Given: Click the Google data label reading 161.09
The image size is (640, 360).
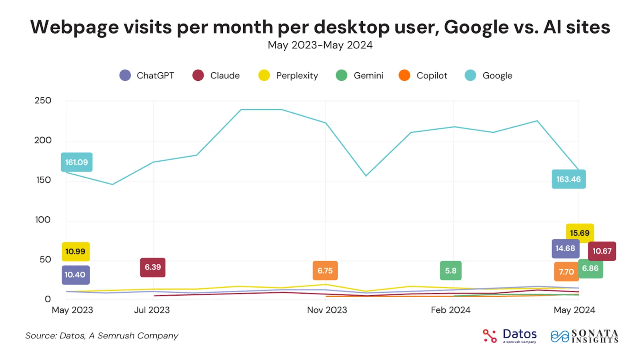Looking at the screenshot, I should pyautogui.click(x=76, y=162).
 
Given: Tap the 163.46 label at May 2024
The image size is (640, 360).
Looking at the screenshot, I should pyautogui.click(x=568, y=179).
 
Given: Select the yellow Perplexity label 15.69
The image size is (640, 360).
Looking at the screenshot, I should pyautogui.click(x=580, y=233).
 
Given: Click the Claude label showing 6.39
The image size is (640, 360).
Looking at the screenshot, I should pyautogui.click(x=152, y=267).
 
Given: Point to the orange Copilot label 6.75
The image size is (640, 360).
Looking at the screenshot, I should pyautogui.click(x=325, y=271).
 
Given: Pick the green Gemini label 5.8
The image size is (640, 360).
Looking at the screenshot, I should pyautogui.click(x=450, y=271).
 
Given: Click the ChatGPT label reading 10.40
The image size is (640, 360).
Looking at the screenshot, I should pyautogui.click(x=75, y=275).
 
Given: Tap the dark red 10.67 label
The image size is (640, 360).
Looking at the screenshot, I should pyautogui.click(x=602, y=251).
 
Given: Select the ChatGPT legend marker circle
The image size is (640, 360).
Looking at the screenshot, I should pyautogui.click(x=125, y=75).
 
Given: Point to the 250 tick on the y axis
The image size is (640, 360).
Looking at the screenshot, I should pyautogui.click(x=43, y=100).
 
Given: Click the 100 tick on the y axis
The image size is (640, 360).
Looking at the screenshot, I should pyautogui.click(x=43, y=220).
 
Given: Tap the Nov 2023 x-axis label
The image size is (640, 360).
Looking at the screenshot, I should pyautogui.click(x=327, y=310).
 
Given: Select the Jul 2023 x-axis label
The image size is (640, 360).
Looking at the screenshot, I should pyautogui.click(x=152, y=310).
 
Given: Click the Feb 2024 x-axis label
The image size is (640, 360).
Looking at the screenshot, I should pyautogui.click(x=450, y=310).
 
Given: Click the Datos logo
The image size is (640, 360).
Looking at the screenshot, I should pyautogui.click(x=510, y=336).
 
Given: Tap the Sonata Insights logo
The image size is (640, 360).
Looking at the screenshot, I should pyautogui.click(x=585, y=336).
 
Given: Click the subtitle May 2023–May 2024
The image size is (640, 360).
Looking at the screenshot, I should pyautogui.click(x=320, y=45).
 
